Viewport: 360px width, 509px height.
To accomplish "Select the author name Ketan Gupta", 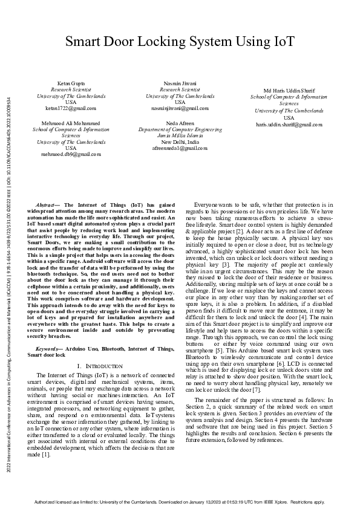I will pyautogui.click(x=71, y=83).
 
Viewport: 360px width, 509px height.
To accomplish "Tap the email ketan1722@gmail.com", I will pyautogui.click(x=71, y=108).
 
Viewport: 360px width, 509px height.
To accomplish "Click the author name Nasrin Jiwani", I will pyautogui.click(x=180, y=83).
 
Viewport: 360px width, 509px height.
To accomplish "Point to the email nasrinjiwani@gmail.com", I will pyautogui.click(x=180, y=108).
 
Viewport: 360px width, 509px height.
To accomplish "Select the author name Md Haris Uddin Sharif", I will pyautogui.click(x=289, y=90).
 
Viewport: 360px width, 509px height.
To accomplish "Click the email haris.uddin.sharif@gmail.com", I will pyautogui.click(x=289, y=124).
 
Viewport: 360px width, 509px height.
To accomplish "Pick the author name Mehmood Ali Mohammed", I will pyautogui.click(x=71, y=123).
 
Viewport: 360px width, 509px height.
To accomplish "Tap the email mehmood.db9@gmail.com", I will pyautogui.click(x=71, y=154).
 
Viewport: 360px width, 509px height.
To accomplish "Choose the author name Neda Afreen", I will pyautogui.click(x=180, y=123).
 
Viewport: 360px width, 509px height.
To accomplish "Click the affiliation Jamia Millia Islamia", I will pyautogui.click(x=180, y=135).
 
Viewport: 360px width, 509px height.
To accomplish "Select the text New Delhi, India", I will pyautogui.click(x=180, y=141).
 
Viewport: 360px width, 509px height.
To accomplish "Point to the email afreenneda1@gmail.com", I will pyautogui.click(x=180, y=148).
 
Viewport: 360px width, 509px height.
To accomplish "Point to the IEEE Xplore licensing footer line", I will pyautogui.click(x=180, y=501).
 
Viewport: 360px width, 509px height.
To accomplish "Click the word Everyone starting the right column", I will pyautogui.click(x=206, y=206).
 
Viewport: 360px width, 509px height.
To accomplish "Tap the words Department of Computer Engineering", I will pyautogui.click(x=180, y=129).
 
